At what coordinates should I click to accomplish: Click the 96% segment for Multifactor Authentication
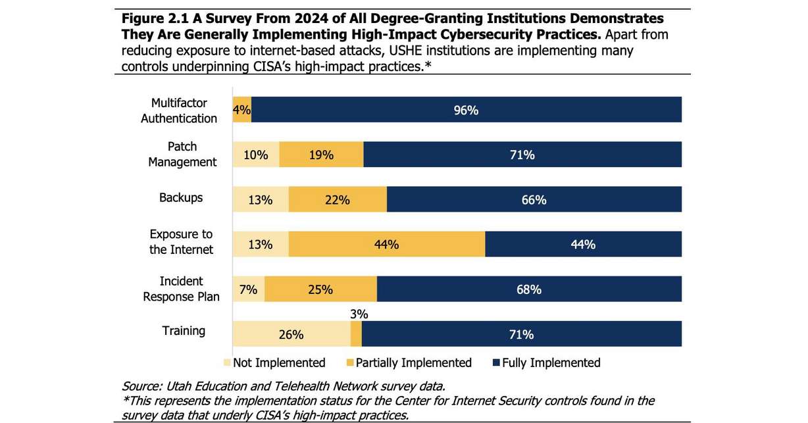pyautogui.click(x=466, y=111)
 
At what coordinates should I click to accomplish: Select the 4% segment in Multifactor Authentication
pyautogui.click(x=241, y=111)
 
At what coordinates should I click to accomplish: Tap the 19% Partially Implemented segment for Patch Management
pyautogui.click(x=321, y=155)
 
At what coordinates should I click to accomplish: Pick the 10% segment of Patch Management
pyautogui.click(x=256, y=155)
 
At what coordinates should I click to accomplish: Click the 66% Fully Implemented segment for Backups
pyautogui.click(x=534, y=200)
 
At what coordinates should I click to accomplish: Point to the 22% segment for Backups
pyautogui.click(x=337, y=200)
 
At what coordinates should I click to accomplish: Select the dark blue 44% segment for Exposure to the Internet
pyautogui.click(x=583, y=244)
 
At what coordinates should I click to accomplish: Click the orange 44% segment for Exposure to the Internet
pyautogui.click(x=386, y=244)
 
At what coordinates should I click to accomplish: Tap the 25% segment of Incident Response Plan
pyautogui.click(x=320, y=289)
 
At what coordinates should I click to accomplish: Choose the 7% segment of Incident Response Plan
pyautogui.click(x=248, y=289)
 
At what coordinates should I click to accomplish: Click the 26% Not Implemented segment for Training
pyautogui.click(x=291, y=334)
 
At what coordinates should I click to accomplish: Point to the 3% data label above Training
pyautogui.click(x=359, y=314)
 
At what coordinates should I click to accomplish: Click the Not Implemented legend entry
pyautogui.click(x=274, y=362)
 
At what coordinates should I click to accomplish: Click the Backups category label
pyautogui.click(x=181, y=197)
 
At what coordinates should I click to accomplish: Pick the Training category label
pyautogui.click(x=184, y=331)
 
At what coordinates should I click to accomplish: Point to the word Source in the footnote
pyautogui.click(x=139, y=386)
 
